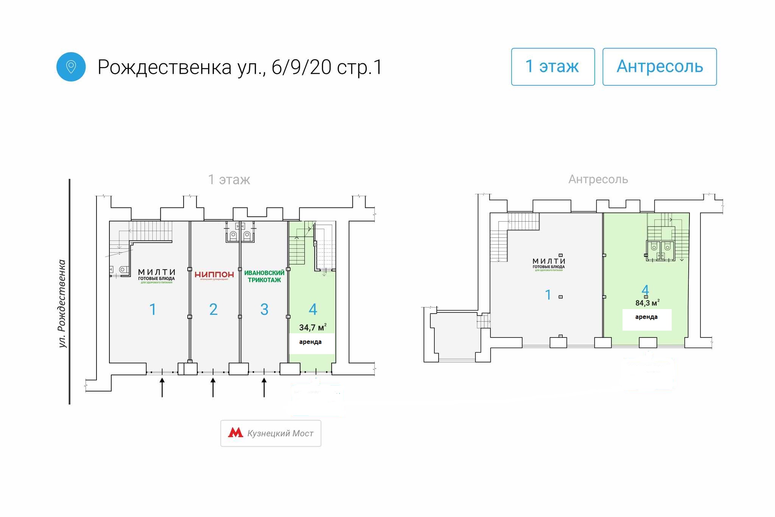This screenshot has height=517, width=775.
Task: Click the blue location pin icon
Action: click(x=71, y=67)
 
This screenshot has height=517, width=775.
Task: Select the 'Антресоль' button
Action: click(x=659, y=67)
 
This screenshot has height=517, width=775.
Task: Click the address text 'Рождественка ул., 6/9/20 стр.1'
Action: click(x=240, y=67)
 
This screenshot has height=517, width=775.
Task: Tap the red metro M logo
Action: click(x=235, y=433)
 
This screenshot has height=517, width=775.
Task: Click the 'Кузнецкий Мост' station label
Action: click(x=280, y=433)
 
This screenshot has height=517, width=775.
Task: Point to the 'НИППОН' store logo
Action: click(x=214, y=275)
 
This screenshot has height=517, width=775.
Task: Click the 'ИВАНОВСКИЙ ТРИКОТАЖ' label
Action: click(x=264, y=276)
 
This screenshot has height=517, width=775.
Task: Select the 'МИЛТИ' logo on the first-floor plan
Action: click(x=157, y=275)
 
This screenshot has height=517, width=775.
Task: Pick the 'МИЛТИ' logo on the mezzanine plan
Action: click(x=549, y=263)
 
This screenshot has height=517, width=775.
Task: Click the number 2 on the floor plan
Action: click(x=213, y=309)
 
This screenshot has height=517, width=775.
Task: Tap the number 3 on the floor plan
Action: click(x=264, y=309)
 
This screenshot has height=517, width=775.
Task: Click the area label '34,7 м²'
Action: click(x=313, y=327)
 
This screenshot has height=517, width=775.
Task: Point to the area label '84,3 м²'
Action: click(x=647, y=303)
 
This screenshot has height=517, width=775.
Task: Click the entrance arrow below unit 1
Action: click(x=162, y=387)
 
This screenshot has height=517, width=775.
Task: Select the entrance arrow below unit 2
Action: click(x=213, y=387)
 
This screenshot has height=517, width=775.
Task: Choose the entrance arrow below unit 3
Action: click(x=264, y=387)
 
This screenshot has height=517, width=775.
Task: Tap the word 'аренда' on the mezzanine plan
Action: click(x=646, y=317)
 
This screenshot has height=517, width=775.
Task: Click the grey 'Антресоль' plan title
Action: click(x=598, y=179)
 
